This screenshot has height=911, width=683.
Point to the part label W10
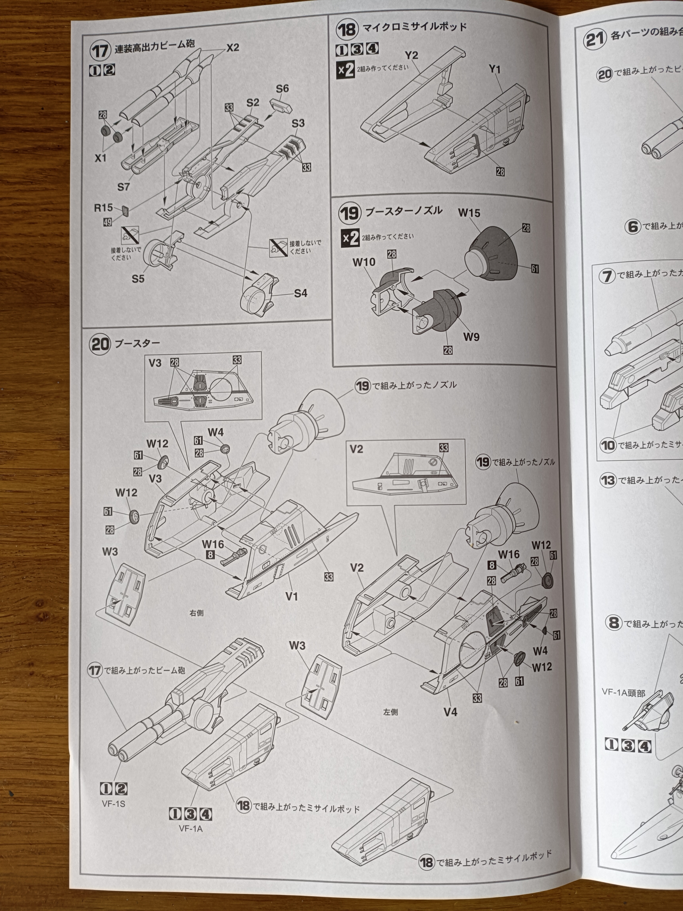(x=364, y=262)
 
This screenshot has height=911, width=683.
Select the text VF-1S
(x=114, y=803)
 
